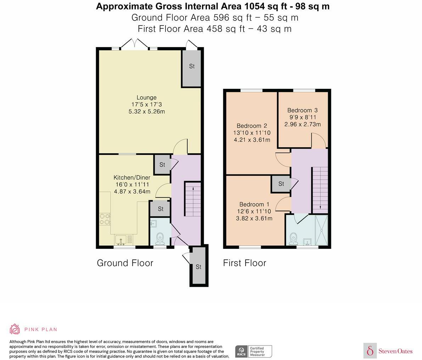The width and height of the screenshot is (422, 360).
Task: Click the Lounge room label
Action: [x=146, y=97]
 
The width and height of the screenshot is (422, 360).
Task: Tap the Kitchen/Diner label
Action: [x=132, y=177]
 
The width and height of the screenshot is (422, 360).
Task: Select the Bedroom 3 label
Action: [x=303, y=110]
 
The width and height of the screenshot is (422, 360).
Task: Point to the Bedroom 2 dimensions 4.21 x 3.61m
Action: [x=252, y=140]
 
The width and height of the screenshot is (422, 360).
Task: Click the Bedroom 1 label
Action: [x=254, y=204]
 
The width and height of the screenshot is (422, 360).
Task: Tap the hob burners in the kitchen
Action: [x=105, y=219]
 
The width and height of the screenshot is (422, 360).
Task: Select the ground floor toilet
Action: [x=160, y=239]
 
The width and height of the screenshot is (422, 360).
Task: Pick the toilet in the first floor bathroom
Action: [x=293, y=239]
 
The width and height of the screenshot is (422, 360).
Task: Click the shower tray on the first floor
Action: [x=321, y=230]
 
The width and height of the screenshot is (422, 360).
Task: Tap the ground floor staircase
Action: [x=193, y=199]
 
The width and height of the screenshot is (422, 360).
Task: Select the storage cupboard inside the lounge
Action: [x=192, y=68]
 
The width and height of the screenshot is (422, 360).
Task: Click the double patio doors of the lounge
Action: [x=134, y=44]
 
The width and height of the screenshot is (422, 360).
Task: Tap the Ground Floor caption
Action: [x=125, y=263]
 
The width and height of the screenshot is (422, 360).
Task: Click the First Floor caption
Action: [x=244, y=263]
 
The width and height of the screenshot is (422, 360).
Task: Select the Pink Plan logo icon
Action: [x=15, y=329]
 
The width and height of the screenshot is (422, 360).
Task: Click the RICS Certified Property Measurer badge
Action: [x=254, y=352]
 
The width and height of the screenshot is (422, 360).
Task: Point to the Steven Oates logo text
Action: [x=395, y=351]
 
